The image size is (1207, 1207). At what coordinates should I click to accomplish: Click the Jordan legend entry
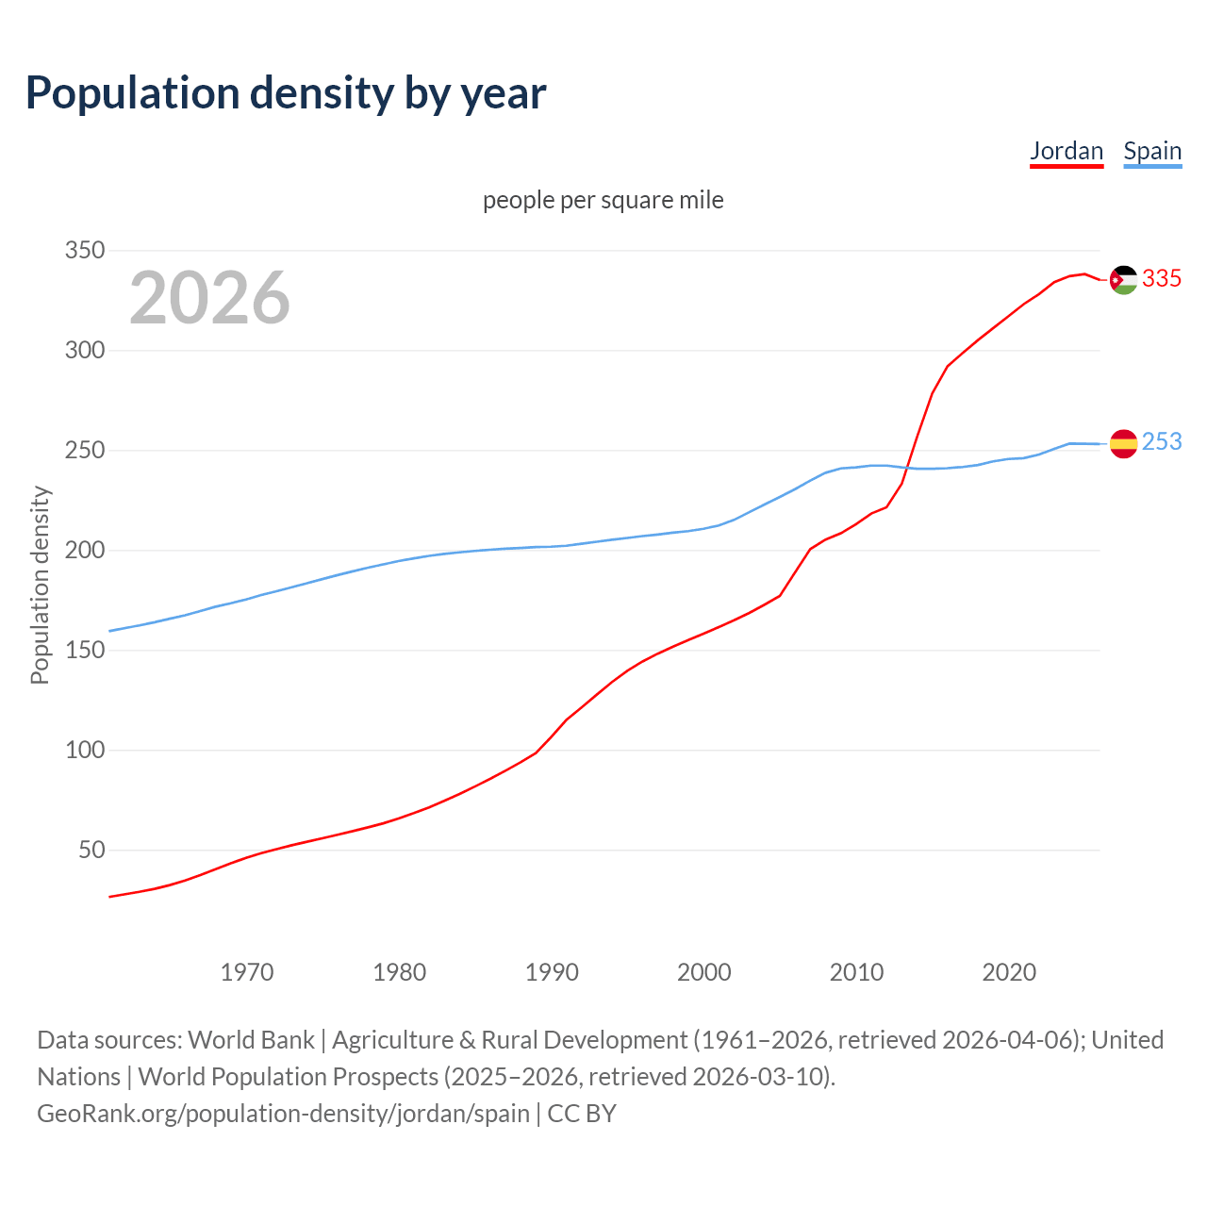(1066, 151)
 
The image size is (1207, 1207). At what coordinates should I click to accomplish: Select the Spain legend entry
(1152, 151)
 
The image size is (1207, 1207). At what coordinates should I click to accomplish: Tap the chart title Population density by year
(286, 92)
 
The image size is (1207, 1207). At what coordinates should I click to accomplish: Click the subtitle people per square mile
(603, 200)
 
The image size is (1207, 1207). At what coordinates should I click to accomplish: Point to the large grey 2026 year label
(209, 298)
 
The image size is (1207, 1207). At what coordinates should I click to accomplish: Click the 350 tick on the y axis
(84, 251)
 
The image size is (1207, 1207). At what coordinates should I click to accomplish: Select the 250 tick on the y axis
(84, 451)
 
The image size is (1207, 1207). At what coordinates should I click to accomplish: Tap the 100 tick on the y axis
(84, 751)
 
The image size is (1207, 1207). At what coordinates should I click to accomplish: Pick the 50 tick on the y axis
(91, 851)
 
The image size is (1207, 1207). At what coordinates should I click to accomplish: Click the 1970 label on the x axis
(247, 972)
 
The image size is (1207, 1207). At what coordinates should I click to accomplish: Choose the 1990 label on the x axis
(552, 972)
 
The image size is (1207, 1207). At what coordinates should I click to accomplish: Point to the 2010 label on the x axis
(856, 972)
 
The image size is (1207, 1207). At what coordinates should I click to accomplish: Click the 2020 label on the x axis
(1009, 972)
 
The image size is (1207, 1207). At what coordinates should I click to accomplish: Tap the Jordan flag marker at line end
(1123, 279)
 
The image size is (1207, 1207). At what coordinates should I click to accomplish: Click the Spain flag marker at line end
(1123, 443)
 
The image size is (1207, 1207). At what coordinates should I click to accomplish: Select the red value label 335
(1162, 279)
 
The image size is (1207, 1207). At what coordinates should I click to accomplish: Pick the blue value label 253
(1162, 442)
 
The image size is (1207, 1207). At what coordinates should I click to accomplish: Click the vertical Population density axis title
(40, 585)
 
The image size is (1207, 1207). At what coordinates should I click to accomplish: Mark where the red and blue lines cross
(908, 468)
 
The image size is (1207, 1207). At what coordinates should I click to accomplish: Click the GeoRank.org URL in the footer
(283, 1114)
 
